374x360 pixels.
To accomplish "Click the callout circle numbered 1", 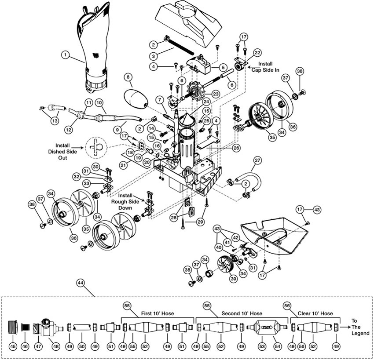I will click(x=65, y=55).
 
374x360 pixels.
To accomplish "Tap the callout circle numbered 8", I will click(x=128, y=78).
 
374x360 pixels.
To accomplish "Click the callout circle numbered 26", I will click(x=236, y=148).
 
